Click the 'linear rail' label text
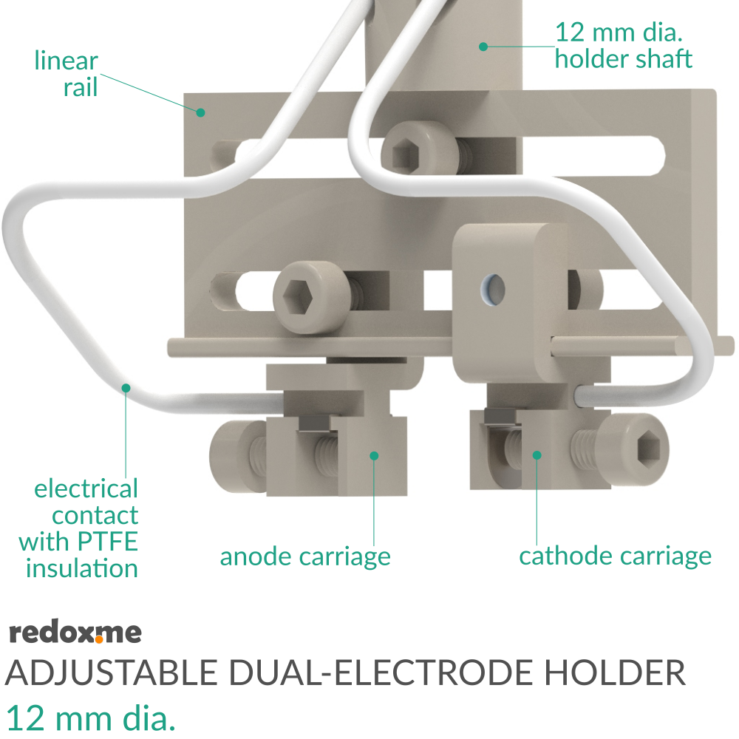click(67, 74)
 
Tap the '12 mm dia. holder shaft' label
click(624, 46)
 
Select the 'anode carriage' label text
click(305, 556)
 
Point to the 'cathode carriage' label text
click(615, 556)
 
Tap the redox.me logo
click(75, 633)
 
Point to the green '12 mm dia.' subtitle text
click(91, 717)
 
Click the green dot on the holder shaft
click(483, 46)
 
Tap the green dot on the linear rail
click(200, 112)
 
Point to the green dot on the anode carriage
click(374, 455)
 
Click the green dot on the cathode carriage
click(537, 455)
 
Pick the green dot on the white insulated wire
click(126, 387)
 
